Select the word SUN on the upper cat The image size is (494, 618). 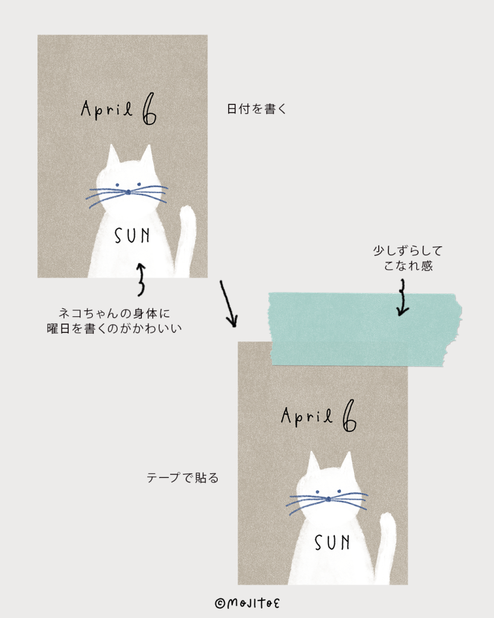point(132,235)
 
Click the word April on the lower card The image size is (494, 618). point(307,416)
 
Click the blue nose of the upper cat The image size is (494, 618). point(128,193)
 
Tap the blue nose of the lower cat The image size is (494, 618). point(328,499)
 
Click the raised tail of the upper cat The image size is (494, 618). point(186,238)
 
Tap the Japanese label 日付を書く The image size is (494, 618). point(255,110)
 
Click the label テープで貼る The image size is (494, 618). point(182,478)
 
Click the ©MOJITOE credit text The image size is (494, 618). point(248,602)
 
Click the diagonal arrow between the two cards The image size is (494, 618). point(228,304)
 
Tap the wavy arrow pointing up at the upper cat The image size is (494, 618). point(141,279)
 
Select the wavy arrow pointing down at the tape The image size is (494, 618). point(402,301)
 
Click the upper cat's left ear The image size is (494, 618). point(113,158)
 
